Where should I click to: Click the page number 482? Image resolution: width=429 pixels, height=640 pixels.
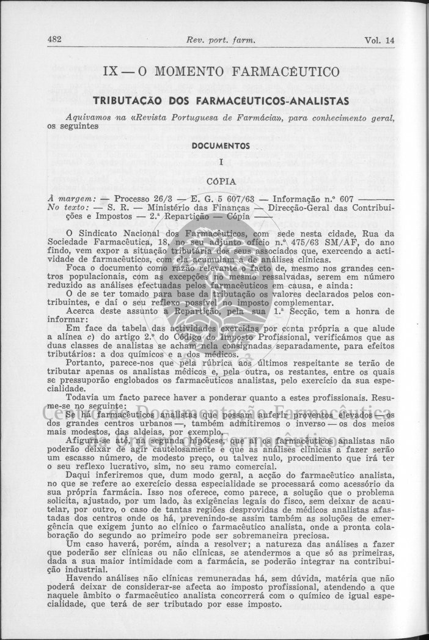tap(56, 40)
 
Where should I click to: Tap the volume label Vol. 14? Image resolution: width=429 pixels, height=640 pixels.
tap(380, 41)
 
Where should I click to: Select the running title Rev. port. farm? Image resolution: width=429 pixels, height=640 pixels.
tap(219, 41)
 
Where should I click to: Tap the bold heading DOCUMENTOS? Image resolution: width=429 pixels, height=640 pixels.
tap(221, 146)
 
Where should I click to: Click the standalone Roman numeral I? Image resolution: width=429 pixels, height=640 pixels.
tap(221, 163)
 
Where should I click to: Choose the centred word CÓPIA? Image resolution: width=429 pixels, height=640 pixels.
tap(221, 181)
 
